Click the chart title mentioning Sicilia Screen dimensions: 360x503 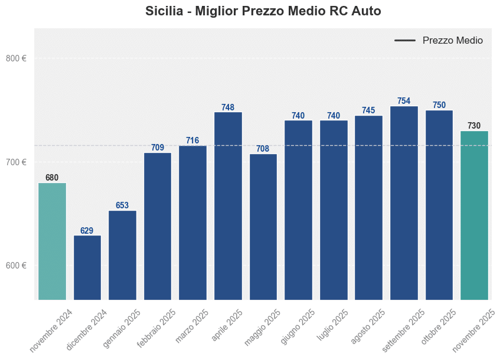pyautogui.click(x=263, y=11)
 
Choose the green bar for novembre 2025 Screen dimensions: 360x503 pyautogui.click(x=474, y=215)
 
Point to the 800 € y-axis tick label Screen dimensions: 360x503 pyautogui.click(x=16, y=58)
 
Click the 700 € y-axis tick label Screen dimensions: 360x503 pyautogui.click(x=16, y=162)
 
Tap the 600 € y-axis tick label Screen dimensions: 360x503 pyautogui.click(x=16, y=266)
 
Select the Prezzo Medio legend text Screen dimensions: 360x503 pyautogui.click(x=452, y=41)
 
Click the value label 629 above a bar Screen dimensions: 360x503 pyautogui.click(x=87, y=231)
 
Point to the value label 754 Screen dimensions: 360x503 pyautogui.click(x=404, y=102)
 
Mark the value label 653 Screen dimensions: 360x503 pyautogui.click(x=122, y=206)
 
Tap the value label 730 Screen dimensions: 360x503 pyautogui.click(x=474, y=126)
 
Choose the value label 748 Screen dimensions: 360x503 pyautogui.click(x=228, y=107)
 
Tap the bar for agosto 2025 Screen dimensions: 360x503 pyautogui.click(x=368, y=207)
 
